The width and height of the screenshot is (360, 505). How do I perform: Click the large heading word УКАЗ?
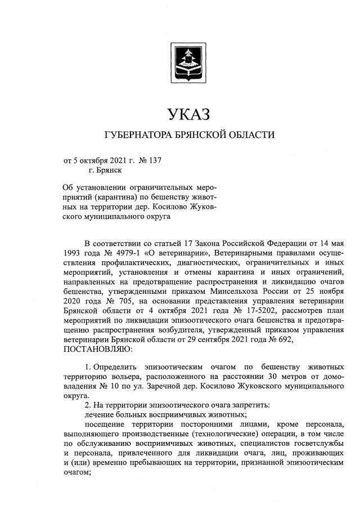tap(189, 115)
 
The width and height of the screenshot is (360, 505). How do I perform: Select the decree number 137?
tap(154, 160)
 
